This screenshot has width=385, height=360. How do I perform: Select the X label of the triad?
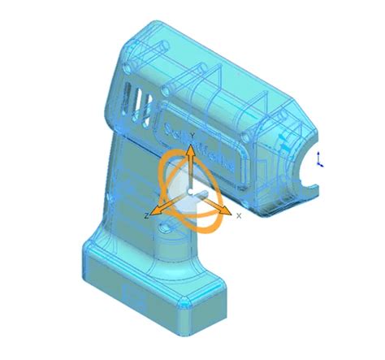[238, 216]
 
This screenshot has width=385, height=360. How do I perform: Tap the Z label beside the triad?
[145, 215]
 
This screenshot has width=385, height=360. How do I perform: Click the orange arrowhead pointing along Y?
[189, 150]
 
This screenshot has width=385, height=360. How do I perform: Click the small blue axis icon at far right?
[321, 158]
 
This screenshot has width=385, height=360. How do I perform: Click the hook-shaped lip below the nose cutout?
[305, 195]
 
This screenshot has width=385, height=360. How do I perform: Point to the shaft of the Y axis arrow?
[189, 171]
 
